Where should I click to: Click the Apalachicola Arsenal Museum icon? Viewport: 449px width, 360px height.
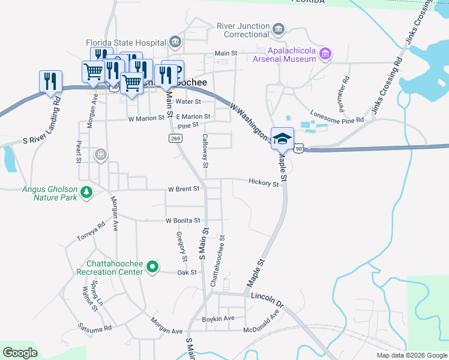click(325, 55)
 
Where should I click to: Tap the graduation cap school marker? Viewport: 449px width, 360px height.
click(282, 139)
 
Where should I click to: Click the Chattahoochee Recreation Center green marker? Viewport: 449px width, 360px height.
click(152, 267)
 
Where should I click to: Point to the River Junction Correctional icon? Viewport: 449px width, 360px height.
click(278, 29)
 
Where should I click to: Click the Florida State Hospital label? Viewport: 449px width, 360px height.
click(125, 43)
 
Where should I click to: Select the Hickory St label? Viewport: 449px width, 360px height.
click(264, 182)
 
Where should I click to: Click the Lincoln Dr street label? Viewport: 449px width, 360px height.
click(267, 298)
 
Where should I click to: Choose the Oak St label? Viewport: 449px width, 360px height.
click(187, 273)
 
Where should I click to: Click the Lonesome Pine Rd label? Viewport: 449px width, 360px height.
click(337, 116)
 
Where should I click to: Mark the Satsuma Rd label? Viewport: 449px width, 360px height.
click(95, 328)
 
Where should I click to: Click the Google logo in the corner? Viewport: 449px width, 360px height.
click(20, 353)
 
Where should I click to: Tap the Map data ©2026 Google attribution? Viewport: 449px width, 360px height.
click(412, 355)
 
